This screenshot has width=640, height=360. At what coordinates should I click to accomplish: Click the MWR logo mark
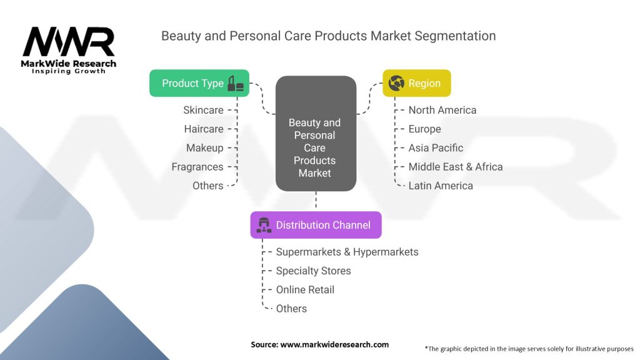click(69, 42)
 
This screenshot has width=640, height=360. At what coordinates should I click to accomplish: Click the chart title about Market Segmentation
click(329, 36)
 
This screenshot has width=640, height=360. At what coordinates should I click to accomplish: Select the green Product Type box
click(199, 83)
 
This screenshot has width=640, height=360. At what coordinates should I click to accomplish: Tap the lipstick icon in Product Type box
click(236, 83)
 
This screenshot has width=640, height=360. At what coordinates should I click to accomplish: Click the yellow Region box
click(417, 83)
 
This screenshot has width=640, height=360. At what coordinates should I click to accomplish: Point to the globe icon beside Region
click(396, 83)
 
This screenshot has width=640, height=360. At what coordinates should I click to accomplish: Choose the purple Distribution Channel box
click(316, 225)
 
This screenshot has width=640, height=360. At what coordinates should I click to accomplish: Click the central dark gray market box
click(316, 134)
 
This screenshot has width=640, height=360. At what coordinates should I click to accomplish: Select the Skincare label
click(203, 110)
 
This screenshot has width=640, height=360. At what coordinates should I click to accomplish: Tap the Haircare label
click(204, 129)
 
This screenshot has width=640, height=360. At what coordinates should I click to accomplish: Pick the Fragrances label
click(197, 167)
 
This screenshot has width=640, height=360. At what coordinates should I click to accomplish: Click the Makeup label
click(205, 147)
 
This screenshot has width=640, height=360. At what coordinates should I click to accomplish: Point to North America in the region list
click(442, 110)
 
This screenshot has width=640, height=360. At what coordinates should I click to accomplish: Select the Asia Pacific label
click(436, 147)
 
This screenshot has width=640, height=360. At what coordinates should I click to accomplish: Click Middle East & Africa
click(456, 167)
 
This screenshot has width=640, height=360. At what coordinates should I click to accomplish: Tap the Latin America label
click(441, 186)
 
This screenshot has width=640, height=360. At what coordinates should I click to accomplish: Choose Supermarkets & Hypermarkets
click(347, 252)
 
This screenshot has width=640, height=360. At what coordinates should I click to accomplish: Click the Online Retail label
click(305, 290)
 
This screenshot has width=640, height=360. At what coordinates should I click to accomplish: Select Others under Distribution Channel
click(291, 309)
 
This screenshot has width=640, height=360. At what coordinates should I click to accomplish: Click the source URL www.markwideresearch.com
click(335, 344)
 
